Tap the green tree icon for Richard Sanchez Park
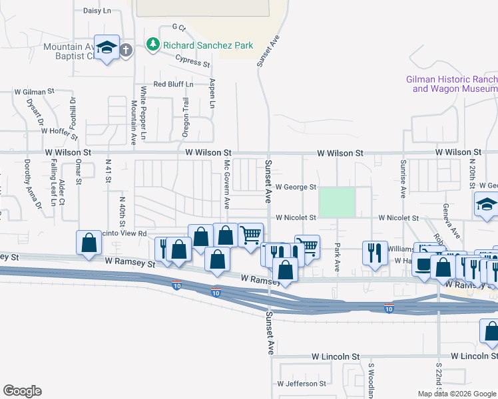coord(153,45)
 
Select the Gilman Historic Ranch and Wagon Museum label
coord(452,83)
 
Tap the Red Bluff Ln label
coord(173,84)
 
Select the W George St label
coord(296,188)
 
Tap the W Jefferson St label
coord(302,384)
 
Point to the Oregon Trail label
coord(186,118)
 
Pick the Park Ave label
coord(338,256)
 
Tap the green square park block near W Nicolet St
coord(337,202)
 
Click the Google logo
coord(23,391)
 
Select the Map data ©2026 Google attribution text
coord(457,394)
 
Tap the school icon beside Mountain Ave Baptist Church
coord(107,48)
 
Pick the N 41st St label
coord(108,170)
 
